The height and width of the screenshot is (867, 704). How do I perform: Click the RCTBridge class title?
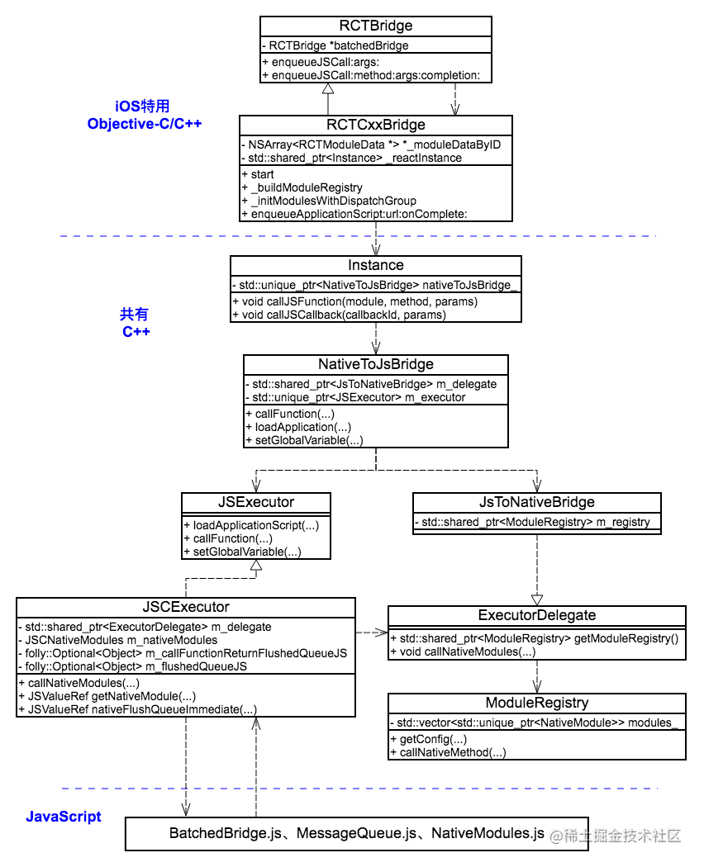(376, 26)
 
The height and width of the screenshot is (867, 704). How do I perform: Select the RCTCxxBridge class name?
(376, 125)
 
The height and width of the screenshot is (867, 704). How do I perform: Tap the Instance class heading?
(376, 265)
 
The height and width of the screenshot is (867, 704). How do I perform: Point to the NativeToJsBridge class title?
(376, 364)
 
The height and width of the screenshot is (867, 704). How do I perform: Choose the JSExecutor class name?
(256, 502)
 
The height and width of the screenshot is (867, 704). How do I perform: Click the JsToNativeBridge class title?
(537, 502)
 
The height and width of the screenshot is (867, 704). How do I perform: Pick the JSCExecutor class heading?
(186, 607)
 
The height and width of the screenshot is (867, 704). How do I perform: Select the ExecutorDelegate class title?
(537, 615)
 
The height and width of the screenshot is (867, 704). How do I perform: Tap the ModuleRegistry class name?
(537, 703)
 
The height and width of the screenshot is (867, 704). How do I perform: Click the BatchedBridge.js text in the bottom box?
(226, 833)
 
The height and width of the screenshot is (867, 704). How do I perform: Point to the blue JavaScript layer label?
(64, 817)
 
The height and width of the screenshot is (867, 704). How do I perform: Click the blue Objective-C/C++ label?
(145, 124)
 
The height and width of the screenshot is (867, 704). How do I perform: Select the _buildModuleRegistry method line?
(302, 188)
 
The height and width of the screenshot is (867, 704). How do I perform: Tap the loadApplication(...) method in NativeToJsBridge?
(298, 428)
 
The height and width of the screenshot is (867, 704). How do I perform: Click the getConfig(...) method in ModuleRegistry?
(429, 739)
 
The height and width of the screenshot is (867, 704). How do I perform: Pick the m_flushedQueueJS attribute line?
(132, 667)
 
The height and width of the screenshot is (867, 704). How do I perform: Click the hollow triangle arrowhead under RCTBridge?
(328, 88)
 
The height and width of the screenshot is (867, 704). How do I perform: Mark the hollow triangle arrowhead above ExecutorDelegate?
(537, 600)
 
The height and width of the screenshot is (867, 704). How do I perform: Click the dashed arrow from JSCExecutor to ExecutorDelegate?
(372, 632)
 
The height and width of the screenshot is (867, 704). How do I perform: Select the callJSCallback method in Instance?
(340, 315)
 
